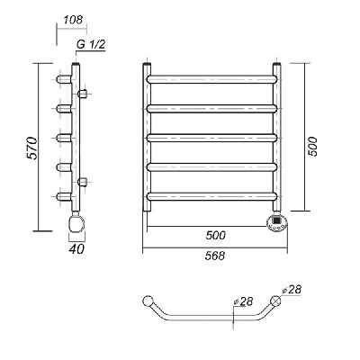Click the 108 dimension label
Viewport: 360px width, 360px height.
pos(73,20)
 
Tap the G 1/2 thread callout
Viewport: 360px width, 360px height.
pos(91,45)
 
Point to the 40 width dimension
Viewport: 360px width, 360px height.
pos(76,248)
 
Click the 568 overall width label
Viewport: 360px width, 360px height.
pos(215,256)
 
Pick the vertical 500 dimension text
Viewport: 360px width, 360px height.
pos(312,146)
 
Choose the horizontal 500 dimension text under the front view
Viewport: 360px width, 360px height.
pos(215,235)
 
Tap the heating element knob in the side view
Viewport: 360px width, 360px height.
pos(76,222)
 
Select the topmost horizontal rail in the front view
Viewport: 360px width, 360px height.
pos(211,79)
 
